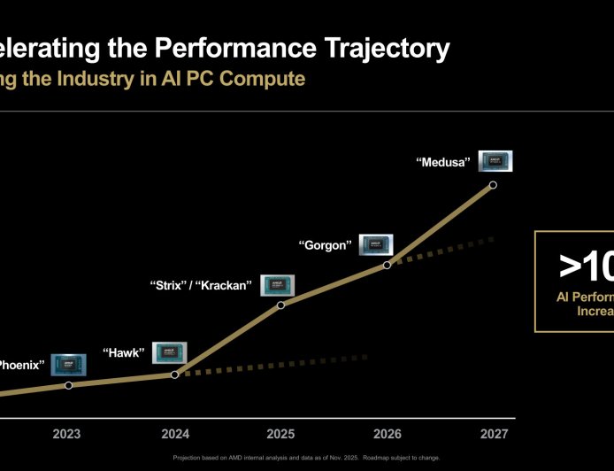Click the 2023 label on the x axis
[66, 434]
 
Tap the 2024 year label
[174, 434]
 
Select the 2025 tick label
[280, 434]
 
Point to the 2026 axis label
[387, 434]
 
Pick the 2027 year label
[494, 434]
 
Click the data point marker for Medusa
[493, 185]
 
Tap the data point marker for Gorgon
[387, 265]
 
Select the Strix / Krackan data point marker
[280, 305]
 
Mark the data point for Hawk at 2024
[174, 374]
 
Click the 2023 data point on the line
[68, 385]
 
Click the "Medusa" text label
[442, 162]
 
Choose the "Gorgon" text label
[325, 245]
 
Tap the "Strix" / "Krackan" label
[202, 286]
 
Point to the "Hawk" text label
[123, 352]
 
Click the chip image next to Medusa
[495, 161]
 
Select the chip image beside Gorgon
[375, 244]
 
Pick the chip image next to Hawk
[170, 352]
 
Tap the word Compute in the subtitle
[263, 79]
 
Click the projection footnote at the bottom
[306, 458]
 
